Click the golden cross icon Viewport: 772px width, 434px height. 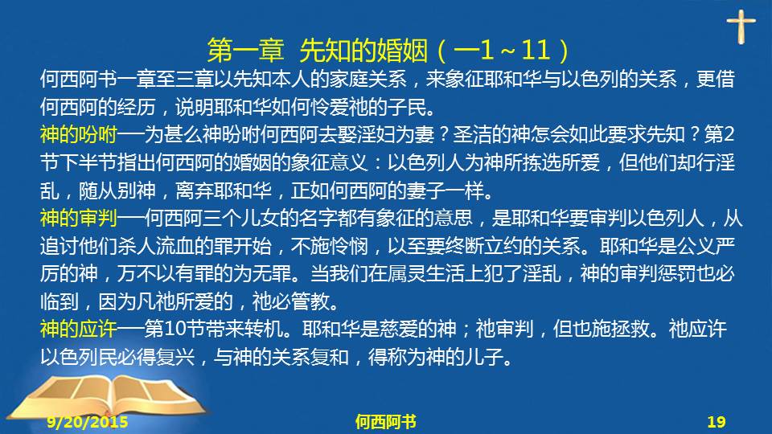pyautogui.click(x=741, y=27)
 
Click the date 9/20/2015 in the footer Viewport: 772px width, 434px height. pyautogui.click(x=88, y=422)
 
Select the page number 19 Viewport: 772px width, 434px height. pyautogui.click(x=717, y=422)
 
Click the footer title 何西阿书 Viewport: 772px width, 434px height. pyautogui.click(x=385, y=422)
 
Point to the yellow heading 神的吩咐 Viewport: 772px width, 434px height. pyautogui.click(x=79, y=134)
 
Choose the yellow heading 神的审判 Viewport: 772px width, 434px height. pyautogui.click(x=79, y=218)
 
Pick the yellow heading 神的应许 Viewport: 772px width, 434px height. pyautogui.click(x=79, y=329)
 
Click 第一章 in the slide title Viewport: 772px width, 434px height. pyautogui.click(x=246, y=50)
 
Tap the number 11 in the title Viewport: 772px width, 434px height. pyautogui.click(x=536, y=50)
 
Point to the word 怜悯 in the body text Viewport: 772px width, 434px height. pyautogui.click(x=348, y=246)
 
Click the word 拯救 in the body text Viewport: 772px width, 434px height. pyautogui.click(x=630, y=329)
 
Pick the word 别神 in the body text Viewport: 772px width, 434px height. pyautogui.click(x=137, y=190)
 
